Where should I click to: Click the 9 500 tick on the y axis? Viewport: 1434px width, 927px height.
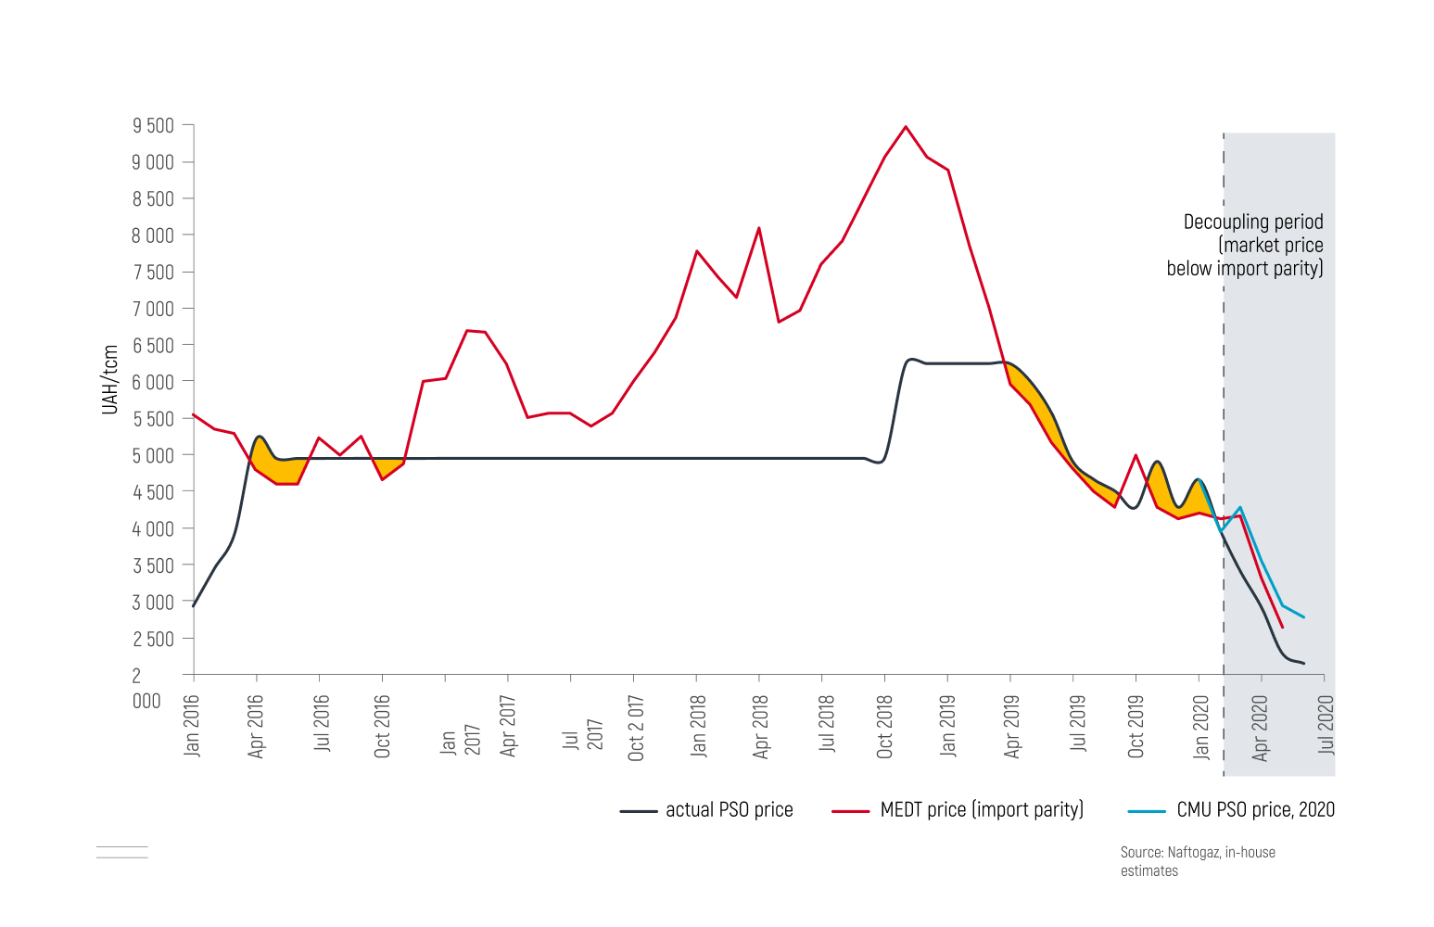(x=153, y=126)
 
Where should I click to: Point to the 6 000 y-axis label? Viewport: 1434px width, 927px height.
(x=153, y=382)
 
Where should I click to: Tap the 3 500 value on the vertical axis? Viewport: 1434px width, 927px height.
(x=153, y=565)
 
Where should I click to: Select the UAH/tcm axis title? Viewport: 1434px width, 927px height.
(x=110, y=379)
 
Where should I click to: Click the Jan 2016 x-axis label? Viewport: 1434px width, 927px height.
(x=192, y=726)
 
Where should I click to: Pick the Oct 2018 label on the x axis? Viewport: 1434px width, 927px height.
(x=884, y=727)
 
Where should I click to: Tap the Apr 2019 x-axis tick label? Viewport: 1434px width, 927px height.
(x=1011, y=727)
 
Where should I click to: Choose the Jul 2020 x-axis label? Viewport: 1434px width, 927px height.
(x=1326, y=725)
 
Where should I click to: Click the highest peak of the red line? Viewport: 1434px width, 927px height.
(x=906, y=127)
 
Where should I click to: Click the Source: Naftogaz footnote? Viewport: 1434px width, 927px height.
(x=1197, y=861)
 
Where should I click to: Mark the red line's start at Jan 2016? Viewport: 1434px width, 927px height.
(x=194, y=414)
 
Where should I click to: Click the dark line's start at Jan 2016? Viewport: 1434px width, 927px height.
(x=194, y=605)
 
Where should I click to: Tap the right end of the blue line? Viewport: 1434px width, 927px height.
(x=1303, y=616)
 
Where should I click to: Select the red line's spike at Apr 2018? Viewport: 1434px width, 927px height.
(x=759, y=228)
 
